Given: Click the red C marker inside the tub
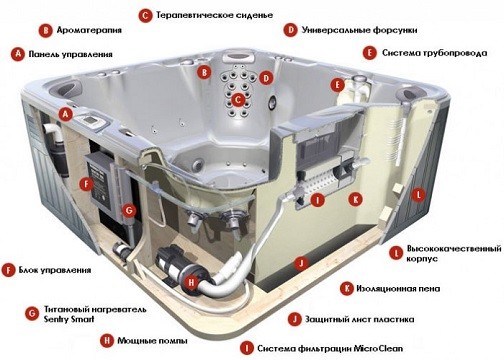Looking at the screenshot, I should pyautogui.click(x=238, y=99).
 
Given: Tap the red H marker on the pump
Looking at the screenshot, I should pyautogui.click(x=191, y=283).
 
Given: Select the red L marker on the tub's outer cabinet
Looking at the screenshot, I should pyautogui.click(x=419, y=193).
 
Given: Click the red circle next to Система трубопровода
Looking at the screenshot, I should pyautogui.click(x=371, y=52).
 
